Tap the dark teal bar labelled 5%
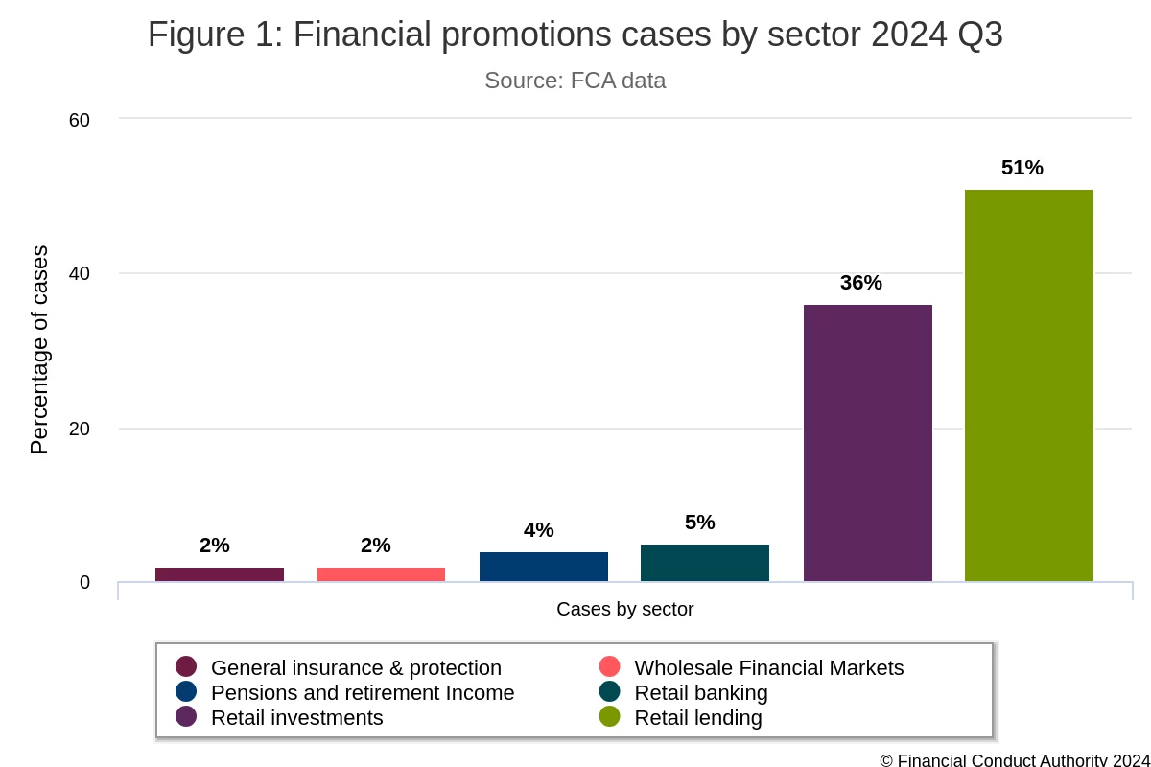[704, 563]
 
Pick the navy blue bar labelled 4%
[543, 567]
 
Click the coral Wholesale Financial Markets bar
[380, 574]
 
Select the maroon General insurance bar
[219, 574]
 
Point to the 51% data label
[1022, 168]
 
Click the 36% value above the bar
[860, 283]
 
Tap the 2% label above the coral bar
[375, 546]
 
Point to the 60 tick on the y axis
[79, 120]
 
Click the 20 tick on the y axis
[79, 429]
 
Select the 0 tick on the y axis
[84, 583]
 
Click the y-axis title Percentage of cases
[39, 350]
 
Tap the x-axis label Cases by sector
[624, 609]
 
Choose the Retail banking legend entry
[700, 692]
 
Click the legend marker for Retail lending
[610, 717]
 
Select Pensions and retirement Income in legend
[362, 692]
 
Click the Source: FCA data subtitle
[575, 81]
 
